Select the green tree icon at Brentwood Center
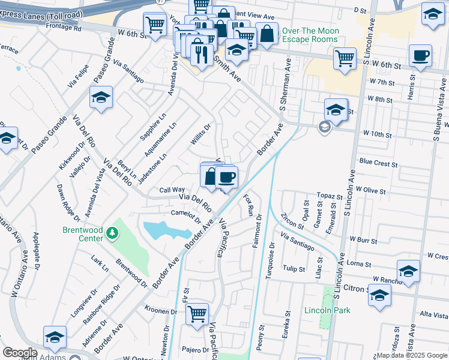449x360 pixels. (111, 232)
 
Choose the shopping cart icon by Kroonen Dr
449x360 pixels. (197, 313)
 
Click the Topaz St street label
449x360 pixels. (330, 196)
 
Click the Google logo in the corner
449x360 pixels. (20, 353)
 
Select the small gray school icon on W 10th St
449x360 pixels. (324, 127)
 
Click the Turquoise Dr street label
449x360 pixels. (270, 260)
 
